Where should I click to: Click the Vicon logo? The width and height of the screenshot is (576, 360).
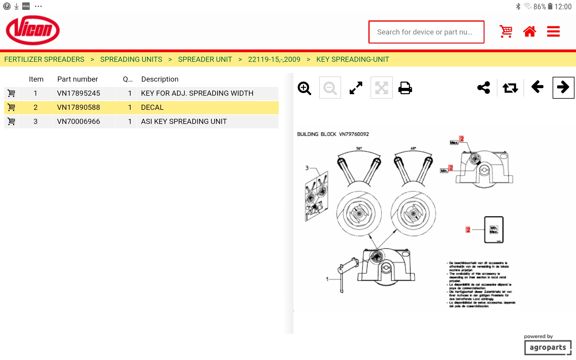[x=33, y=30]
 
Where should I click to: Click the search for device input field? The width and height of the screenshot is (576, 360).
[x=426, y=32]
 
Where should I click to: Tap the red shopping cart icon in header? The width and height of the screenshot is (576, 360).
[x=506, y=31]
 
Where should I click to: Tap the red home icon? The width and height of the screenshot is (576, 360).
[x=529, y=31]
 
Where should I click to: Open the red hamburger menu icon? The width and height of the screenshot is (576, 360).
[x=553, y=31]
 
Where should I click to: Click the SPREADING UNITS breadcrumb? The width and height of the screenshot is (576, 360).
[x=131, y=59]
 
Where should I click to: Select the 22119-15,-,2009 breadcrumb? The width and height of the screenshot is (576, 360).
[x=274, y=59]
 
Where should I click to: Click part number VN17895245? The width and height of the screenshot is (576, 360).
[x=79, y=93]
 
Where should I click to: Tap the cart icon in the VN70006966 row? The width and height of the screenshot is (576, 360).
[x=11, y=121]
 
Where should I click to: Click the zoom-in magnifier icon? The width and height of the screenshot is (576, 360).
[x=304, y=88]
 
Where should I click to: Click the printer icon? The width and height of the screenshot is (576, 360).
[x=405, y=88]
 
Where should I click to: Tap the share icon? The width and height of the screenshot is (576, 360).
[x=484, y=88]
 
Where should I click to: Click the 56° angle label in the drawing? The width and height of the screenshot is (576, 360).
[x=359, y=148]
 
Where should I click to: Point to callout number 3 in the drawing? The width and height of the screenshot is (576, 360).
[x=307, y=168]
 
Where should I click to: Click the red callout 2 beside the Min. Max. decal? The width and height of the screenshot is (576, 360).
[x=468, y=230]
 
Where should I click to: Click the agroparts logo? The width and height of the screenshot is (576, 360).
[x=548, y=347]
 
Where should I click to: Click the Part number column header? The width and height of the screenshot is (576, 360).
[x=77, y=79]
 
